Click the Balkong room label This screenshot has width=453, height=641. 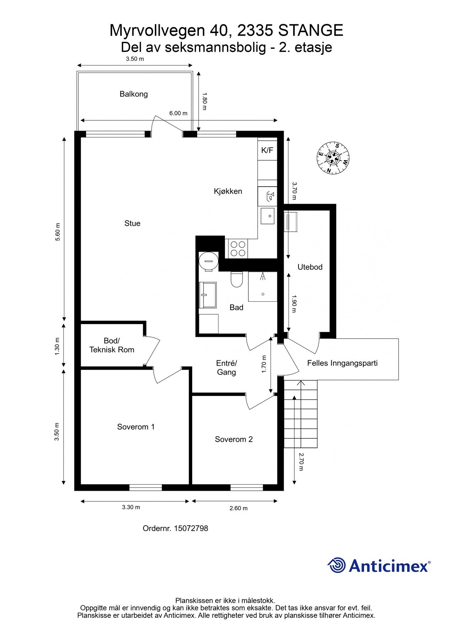[133, 94]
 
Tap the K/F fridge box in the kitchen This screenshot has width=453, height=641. [267, 150]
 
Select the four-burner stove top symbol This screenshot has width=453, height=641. [238, 248]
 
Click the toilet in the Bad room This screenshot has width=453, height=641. [236, 279]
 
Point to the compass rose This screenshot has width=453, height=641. [333, 158]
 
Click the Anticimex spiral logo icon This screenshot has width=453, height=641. [337, 565]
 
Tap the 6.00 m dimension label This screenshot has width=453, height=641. [178, 113]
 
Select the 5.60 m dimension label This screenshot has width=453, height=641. [57, 232]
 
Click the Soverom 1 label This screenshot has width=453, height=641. [136, 427]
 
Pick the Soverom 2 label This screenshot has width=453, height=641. [234, 439]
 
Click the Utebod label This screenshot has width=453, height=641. [310, 267]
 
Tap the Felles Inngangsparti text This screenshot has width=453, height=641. [342, 363]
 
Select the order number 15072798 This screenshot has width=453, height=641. [191, 528]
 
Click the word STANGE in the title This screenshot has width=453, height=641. [311, 30]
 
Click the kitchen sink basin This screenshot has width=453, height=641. [268, 216]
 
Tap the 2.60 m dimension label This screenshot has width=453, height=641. [238, 508]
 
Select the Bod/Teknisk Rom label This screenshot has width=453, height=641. [112, 345]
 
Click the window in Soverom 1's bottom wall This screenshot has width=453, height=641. [146, 488]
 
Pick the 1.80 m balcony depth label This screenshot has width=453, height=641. [204, 101]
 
